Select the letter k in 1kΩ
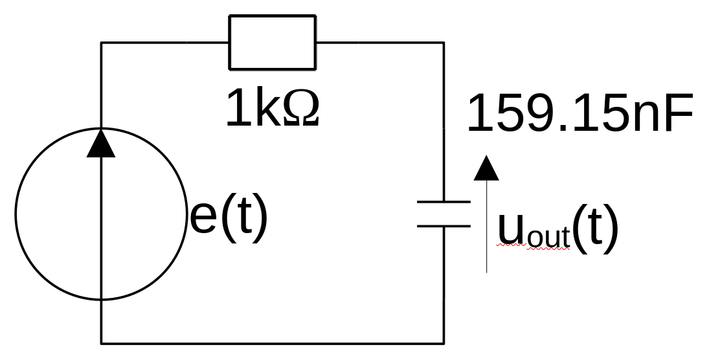[269, 107]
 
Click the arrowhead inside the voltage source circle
[101, 143]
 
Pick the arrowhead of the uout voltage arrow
[486, 168]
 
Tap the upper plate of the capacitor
[444, 201]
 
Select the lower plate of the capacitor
[444, 226]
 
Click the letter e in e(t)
[203, 218]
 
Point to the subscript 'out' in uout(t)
[548, 237]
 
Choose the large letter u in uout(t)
[512, 228]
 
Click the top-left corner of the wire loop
[101, 43]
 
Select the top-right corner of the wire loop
[444, 43]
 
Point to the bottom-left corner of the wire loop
[101, 344]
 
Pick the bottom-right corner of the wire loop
[444, 344]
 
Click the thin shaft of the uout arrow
[486, 227]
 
